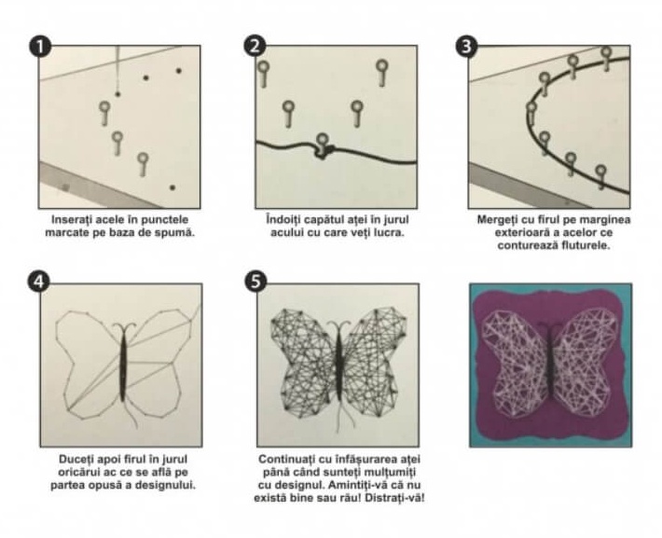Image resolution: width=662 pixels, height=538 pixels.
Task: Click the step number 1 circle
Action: (x=40, y=47)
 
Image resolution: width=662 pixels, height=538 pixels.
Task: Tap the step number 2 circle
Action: (x=255, y=46)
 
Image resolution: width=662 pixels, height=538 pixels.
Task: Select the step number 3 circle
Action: (x=466, y=46)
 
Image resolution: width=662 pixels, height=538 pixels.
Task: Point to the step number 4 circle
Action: (x=39, y=282)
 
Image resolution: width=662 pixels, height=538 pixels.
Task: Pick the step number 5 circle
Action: (x=255, y=282)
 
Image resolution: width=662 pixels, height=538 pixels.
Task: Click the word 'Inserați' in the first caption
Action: (x=72, y=220)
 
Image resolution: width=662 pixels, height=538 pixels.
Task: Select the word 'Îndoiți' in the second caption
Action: (x=283, y=220)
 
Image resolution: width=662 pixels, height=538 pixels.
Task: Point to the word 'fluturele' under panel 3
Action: (x=586, y=245)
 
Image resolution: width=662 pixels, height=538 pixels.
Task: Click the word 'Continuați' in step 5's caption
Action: (x=283, y=459)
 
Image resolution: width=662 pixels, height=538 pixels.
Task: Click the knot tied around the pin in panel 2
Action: (x=324, y=151)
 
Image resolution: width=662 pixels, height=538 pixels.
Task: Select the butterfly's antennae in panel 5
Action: (x=339, y=326)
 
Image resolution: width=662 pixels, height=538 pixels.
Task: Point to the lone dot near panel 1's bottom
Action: (x=172, y=187)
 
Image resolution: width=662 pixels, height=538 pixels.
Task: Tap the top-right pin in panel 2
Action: (x=382, y=73)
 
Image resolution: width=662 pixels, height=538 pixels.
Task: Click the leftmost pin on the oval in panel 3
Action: (x=531, y=113)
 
